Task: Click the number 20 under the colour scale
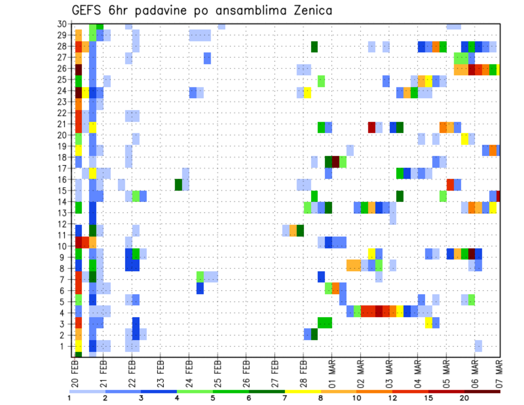[x=465, y=398]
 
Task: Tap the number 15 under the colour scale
[x=428, y=398]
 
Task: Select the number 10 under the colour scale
[x=357, y=398]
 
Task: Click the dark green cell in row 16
[x=178, y=184]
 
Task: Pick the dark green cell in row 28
[x=314, y=47]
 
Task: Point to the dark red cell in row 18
[x=336, y=162]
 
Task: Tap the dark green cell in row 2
[x=314, y=333]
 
